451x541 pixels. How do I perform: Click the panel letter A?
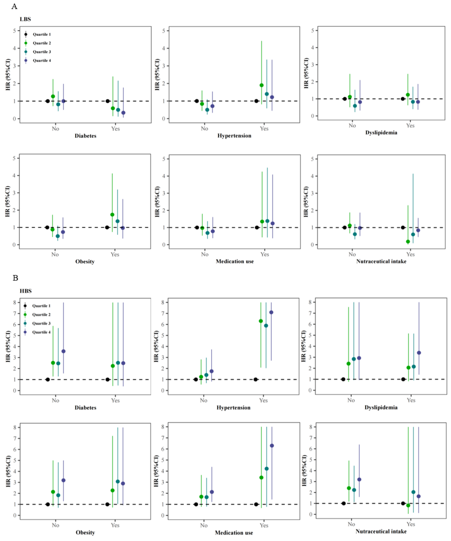point(14,6)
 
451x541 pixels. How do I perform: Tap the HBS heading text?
point(26,291)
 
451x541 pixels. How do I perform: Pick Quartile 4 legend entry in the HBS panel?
point(41,332)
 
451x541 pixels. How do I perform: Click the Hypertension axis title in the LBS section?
point(234,136)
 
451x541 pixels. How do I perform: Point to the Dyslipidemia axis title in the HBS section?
point(381,407)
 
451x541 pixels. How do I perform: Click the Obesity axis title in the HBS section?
point(85,533)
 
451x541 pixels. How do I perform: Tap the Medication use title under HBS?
point(234,533)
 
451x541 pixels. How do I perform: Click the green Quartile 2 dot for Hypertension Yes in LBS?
point(261,85)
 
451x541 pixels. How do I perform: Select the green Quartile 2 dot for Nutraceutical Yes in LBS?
point(408,242)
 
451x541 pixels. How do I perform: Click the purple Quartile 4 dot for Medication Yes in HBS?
point(272,446)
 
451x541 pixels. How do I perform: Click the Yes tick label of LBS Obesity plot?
point(115,254)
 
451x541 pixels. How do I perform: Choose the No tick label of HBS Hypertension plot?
point(204,400)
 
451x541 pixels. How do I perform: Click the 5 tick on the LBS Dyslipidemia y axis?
point(313,30)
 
